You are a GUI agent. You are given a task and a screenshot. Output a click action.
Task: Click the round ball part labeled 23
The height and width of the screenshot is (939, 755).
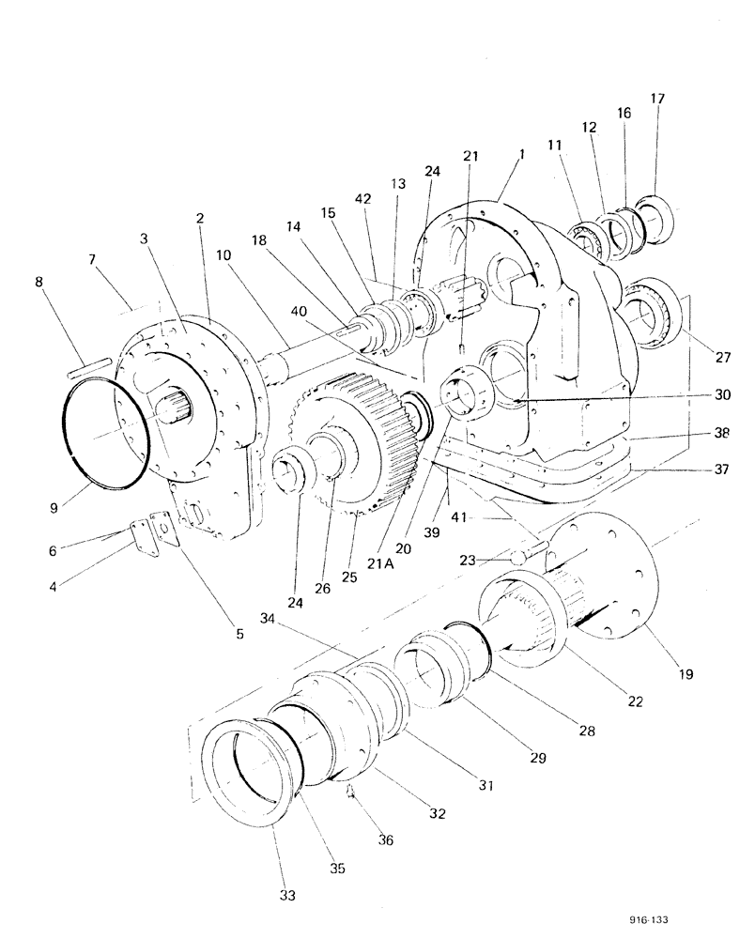point(517,558)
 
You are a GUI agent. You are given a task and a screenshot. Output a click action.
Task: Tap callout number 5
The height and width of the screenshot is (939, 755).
point(239,634)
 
